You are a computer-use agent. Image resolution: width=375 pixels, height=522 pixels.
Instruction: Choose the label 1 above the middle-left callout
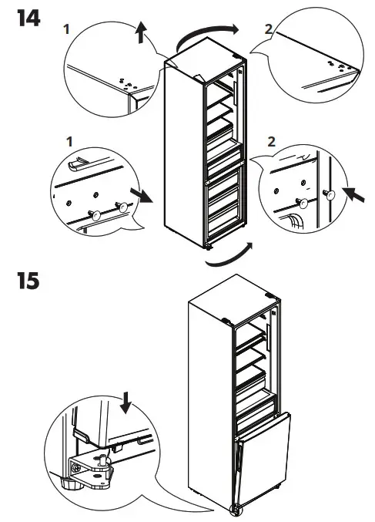coord(70,143)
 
